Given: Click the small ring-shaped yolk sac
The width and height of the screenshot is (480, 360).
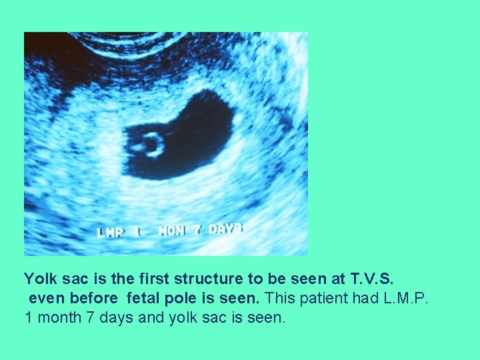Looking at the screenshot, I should coord(150,144).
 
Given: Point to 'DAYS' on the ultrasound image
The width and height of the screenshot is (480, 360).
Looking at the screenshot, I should coord(225,229).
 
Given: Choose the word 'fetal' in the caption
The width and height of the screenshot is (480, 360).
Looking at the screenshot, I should coord(143,297).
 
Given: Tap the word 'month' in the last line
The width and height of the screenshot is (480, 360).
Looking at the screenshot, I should coord(57,317).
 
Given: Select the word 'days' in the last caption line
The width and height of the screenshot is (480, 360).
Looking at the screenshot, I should coord(113,317).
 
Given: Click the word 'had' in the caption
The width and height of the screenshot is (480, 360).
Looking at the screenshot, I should coord(352,297).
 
